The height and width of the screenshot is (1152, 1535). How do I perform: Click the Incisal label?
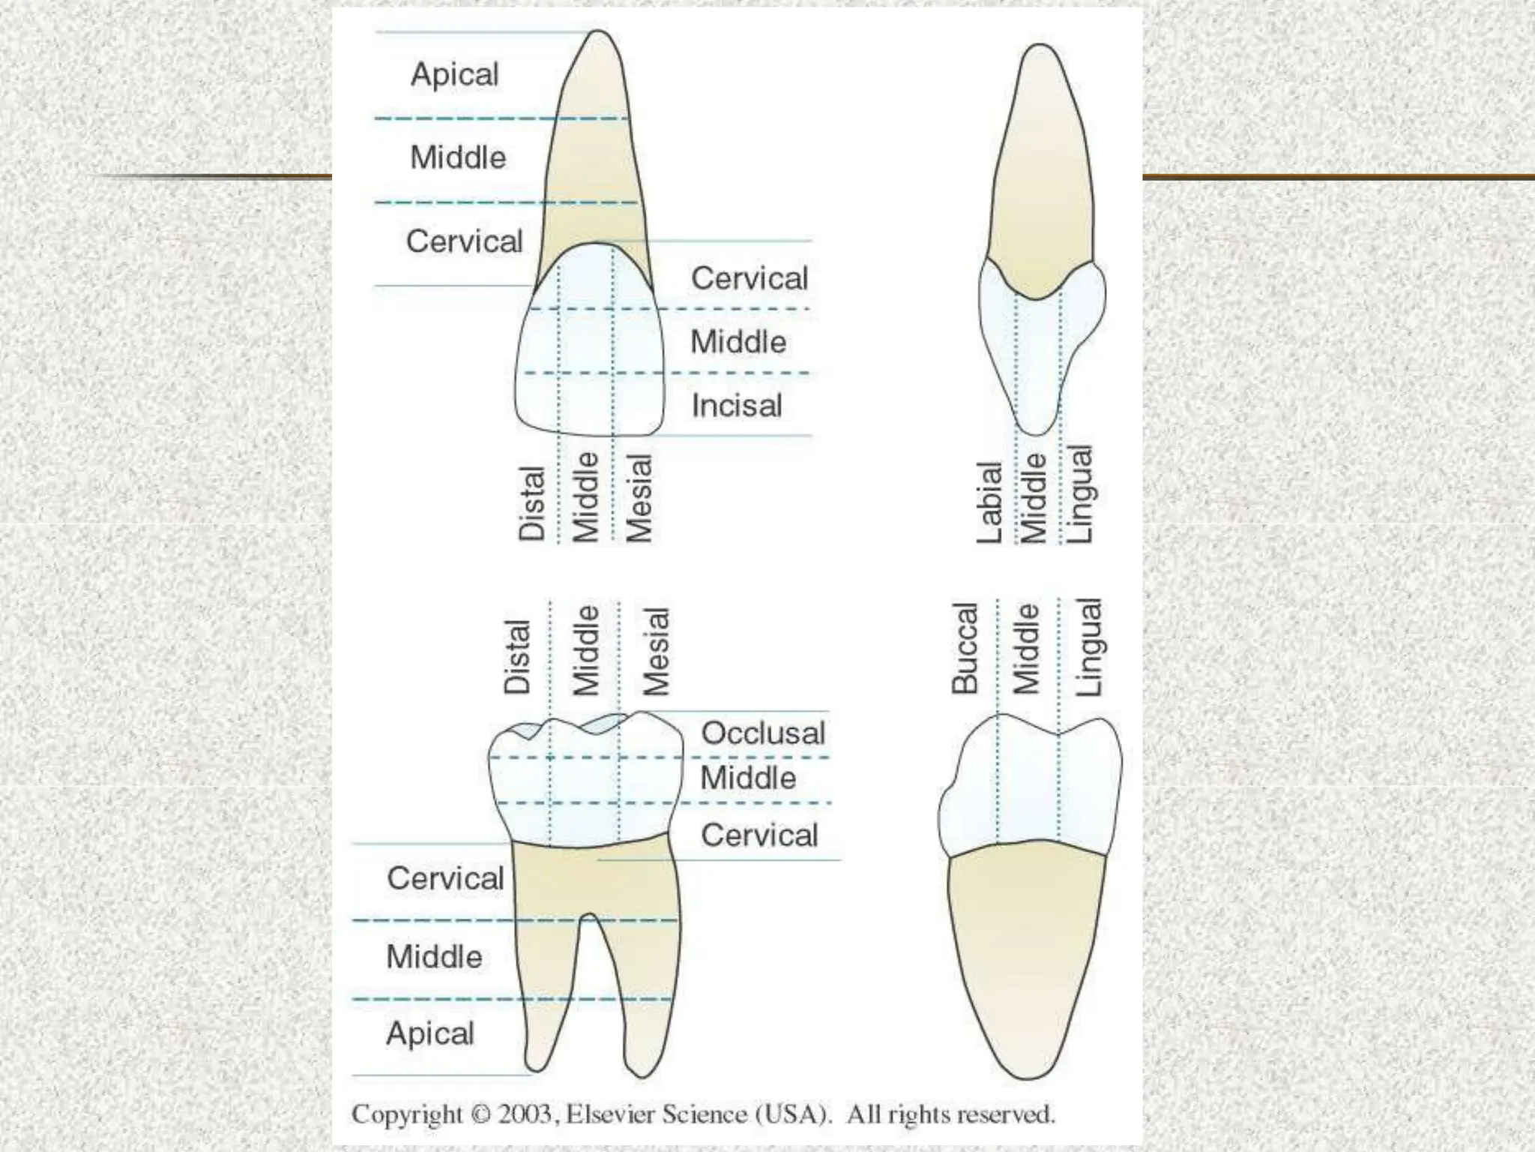[736, 406]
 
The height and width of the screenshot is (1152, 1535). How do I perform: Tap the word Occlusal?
[762, 733]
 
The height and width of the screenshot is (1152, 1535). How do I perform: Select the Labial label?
[989, 502]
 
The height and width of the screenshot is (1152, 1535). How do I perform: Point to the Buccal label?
[965, 648]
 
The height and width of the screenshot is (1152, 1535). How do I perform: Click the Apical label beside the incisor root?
[454, 74]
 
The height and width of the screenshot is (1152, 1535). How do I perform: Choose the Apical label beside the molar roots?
[430, 1033]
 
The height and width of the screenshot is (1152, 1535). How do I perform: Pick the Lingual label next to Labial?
[1080, 494]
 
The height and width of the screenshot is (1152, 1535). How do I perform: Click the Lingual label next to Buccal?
[1089, 646]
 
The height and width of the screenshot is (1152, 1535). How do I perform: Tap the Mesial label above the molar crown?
[655, 651]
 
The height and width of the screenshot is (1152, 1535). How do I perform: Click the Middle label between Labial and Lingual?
[1034, 498]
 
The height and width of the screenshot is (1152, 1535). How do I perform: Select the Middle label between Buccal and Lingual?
[1026, 649]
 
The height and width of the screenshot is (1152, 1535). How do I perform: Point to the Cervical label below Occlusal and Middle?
[759, 835]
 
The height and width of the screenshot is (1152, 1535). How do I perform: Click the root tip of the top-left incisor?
[598, 33]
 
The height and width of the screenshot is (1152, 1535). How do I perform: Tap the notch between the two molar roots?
[589, 916]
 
